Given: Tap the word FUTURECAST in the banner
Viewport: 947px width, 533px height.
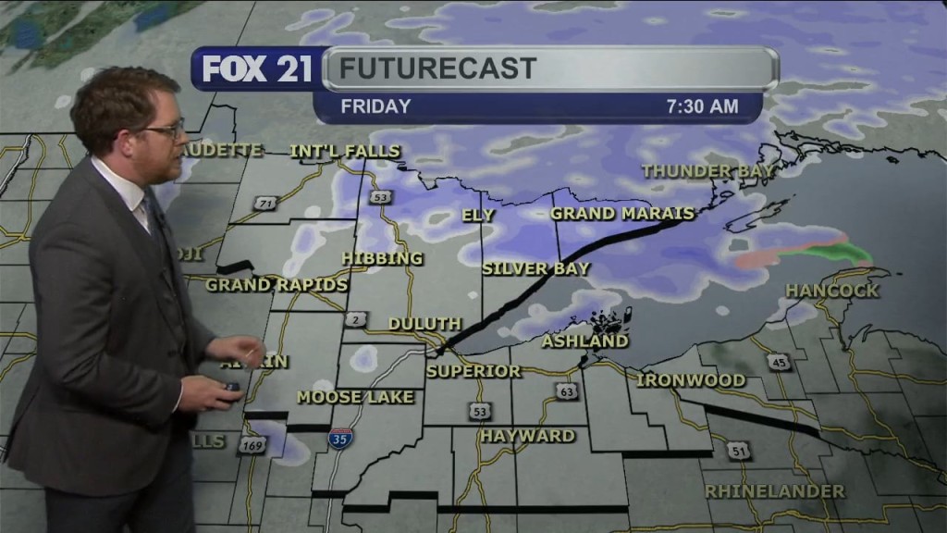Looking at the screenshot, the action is pos(437,68).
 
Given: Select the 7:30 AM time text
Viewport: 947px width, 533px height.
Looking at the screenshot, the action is pos(703,106).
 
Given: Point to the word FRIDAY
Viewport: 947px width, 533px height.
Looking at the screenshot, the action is pos(375,106).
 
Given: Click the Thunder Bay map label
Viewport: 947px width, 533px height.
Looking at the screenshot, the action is pos(708,171).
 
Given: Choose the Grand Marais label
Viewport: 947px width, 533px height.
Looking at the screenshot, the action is pos(621,214).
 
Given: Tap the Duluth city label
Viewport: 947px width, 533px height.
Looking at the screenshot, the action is pos(424,324).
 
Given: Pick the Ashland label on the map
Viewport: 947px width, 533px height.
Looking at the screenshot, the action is pos(584,341).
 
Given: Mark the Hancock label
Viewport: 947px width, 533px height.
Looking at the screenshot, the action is pos(832,291).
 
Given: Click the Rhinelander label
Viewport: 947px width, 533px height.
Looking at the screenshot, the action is pos(774,491).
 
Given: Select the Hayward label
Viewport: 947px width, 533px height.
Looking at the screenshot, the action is pos(527,435).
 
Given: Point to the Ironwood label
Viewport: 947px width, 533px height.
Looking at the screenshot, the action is pos(691,380).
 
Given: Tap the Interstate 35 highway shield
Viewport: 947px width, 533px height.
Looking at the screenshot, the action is pos(338,439).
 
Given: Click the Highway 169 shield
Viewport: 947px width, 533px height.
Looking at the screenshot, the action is pos(250,446).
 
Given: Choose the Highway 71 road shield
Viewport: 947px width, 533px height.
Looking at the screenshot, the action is pos(266,204).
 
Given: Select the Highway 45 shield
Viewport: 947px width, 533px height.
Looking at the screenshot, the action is pos(781,363).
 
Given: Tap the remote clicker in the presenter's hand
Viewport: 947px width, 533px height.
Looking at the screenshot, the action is pos(229,387).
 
